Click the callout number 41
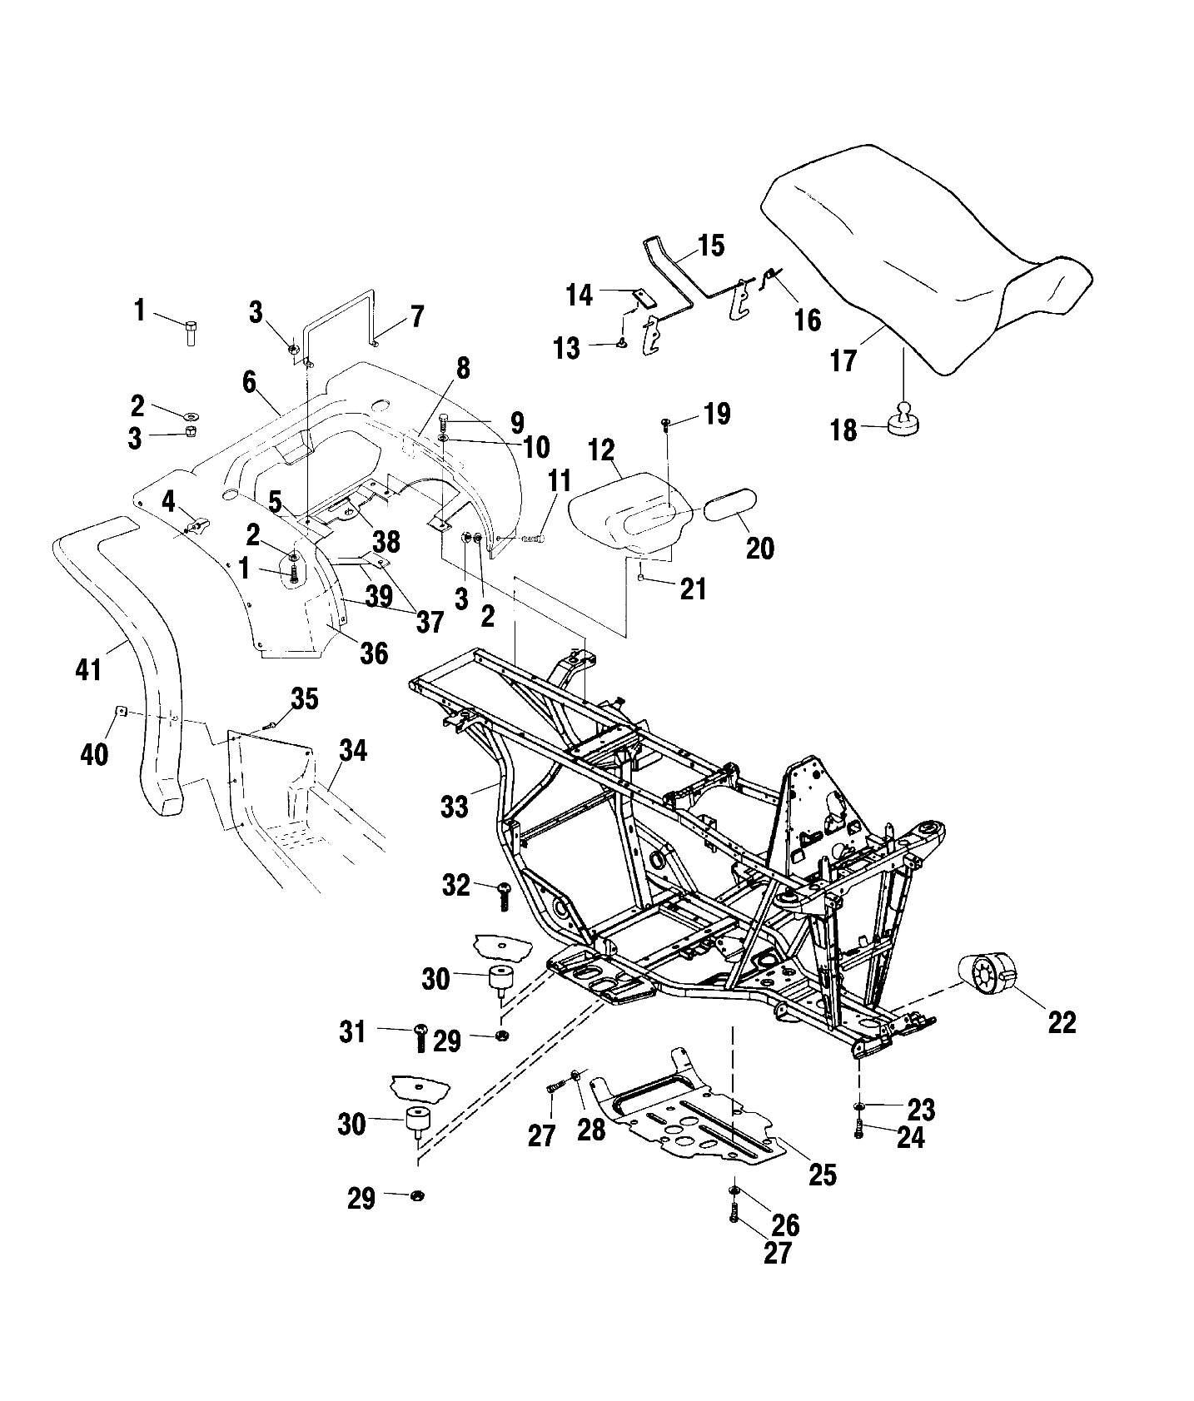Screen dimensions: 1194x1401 point(89,668)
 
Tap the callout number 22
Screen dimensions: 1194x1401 point(1062,1021)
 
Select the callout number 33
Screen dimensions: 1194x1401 point(455,805)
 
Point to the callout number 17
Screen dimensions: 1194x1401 point(843,361)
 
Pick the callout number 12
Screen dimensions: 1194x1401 point(601,450)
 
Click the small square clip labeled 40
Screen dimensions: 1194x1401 point(119,710)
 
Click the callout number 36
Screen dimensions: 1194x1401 point(374,652)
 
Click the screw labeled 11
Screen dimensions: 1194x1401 point(532,539)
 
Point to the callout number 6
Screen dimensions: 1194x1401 point(249,382)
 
